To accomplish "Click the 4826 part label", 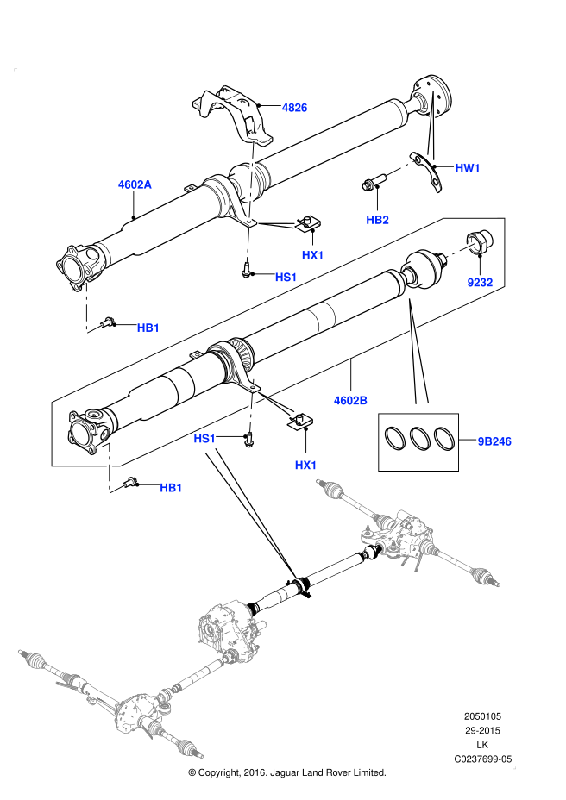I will pyautogui.click(x=294, y=108).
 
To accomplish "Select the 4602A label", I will pyautogui.click(x=135, y=184).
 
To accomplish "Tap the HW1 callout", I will pyautogui.click(x=468, y=168).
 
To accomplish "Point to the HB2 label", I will pyautogui.click(x=377, y=220).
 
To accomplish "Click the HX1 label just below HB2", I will pyautogui.click(x=312, y=255).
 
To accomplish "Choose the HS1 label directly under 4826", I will pyautogui.click(x=286, y=278).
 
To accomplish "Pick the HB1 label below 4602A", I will pyautogui.click(x=148, y=328).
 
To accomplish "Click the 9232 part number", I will pyautogui.click(x=480, y=283).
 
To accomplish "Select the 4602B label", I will pyautogui.click(x=350, y=401).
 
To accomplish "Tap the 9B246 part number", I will pyautogui.click(x=494, y=441).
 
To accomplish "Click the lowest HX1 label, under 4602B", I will pyautogui.click(x=305, y=466).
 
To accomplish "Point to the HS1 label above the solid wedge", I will pyautogui.click(x=204, y=439).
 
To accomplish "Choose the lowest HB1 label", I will pyautogui.click(x=171, y=488).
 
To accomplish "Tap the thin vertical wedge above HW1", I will pyautogui.click(x=431, y=125).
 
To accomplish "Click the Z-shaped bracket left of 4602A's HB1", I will pyautogui.click(x=89, y=308).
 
